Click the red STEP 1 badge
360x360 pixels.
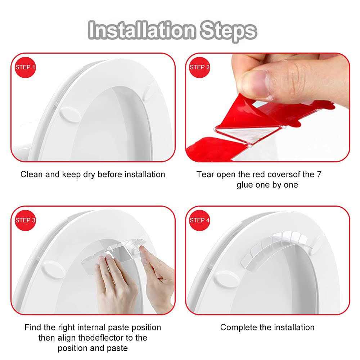25,67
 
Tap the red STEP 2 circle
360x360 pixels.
199,67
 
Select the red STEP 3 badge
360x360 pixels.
25,220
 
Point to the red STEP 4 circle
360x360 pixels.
199,220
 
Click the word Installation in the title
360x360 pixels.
142,30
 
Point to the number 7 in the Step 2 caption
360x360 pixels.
319,174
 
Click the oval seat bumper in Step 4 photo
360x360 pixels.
226,279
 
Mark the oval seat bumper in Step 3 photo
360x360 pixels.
54,269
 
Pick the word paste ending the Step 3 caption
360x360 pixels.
117,348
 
